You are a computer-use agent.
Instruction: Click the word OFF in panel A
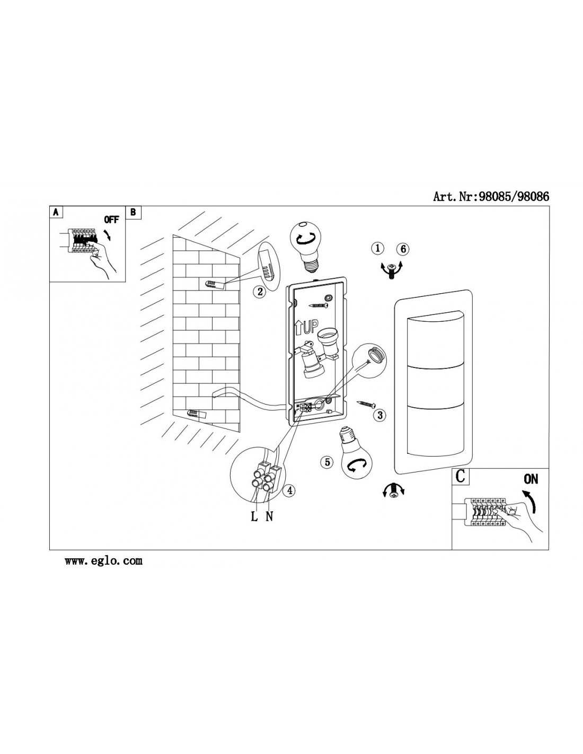111,220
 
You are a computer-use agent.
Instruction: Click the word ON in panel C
531,479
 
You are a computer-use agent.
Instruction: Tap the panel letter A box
56,212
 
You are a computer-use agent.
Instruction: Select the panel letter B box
134,212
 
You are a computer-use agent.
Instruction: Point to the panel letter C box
460,476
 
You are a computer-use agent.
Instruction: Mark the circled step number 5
326,462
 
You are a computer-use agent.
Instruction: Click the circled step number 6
403,249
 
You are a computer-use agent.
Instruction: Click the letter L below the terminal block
254,516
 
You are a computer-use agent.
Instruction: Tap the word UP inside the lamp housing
311,327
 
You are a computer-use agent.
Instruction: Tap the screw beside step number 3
365,404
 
